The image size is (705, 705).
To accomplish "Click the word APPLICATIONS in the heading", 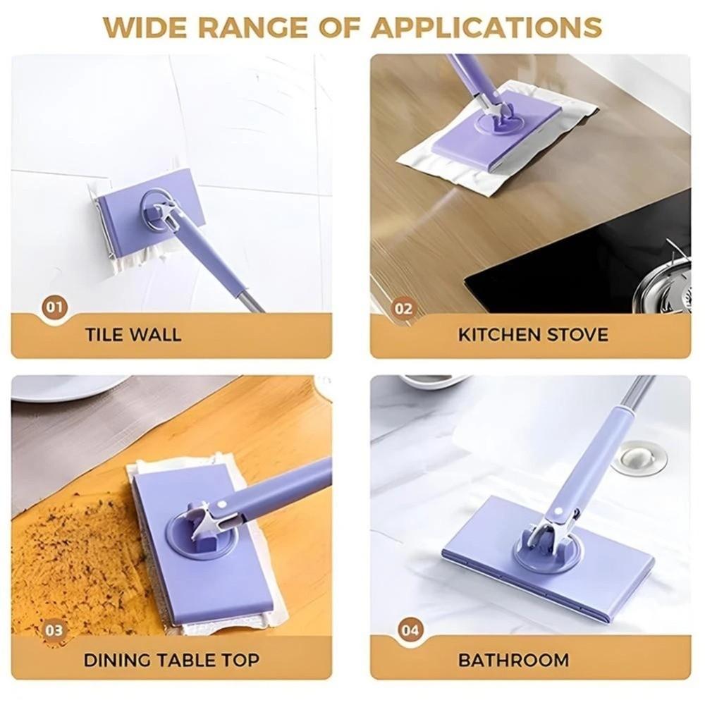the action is [x=486, y=27].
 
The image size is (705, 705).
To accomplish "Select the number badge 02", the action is [x=403, y=309].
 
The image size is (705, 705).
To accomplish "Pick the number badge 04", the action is [x=410, y=630].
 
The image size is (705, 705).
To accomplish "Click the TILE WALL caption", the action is [x=133, y=335].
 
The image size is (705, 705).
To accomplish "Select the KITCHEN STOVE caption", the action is [x=533, y=335].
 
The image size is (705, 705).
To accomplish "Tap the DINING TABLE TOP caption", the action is [x=171, y=660].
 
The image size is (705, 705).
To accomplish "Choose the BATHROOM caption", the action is [x=513, y=660].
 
